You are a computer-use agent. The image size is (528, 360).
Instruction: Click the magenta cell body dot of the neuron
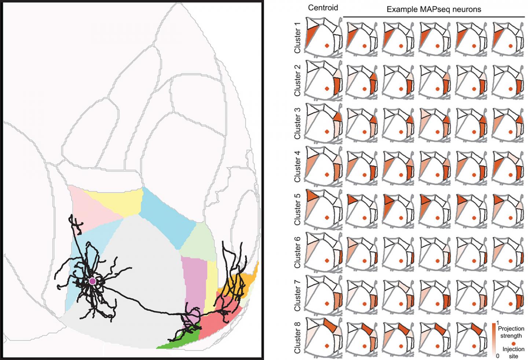[x=92, y=281]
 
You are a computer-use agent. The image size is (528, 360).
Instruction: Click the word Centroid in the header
[x=323, y=8]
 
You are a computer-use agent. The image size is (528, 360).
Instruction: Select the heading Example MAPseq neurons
[x=434, y=10]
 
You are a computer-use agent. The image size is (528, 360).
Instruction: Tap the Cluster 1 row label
[x=297, y=38]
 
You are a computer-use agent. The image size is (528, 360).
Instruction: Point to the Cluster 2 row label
[x=297, y=80]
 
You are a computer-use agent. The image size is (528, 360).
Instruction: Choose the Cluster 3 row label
[x=297, y=123]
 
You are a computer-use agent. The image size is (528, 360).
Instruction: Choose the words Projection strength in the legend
[x=511, y=332]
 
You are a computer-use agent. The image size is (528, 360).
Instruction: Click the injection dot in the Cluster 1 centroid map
[x=326, y=46]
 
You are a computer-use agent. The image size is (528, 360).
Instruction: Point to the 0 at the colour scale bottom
[x=498, y=356]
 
